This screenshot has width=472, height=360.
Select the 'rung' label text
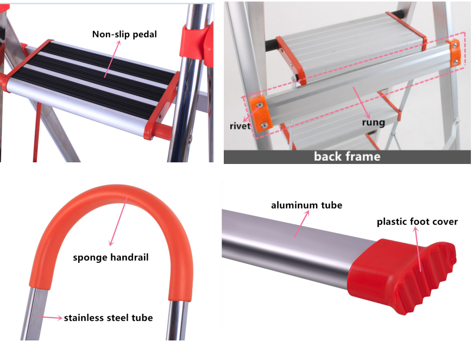coord(374,122)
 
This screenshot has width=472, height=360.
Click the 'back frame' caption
coord(347,156)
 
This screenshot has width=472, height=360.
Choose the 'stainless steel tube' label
coord(109,318)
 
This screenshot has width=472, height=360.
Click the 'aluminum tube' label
coord(307,205)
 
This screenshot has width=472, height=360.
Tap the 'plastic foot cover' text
coord(417,222)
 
